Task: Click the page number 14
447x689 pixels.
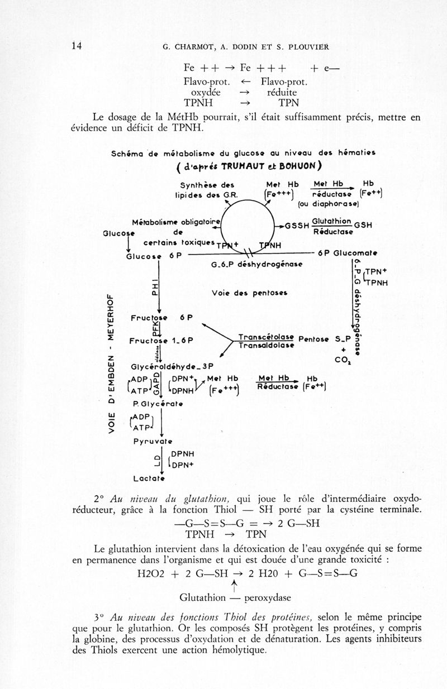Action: tap(77, 46)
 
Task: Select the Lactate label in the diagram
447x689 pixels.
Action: tap(148, 479)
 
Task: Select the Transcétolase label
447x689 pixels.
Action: tap(266, 337)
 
